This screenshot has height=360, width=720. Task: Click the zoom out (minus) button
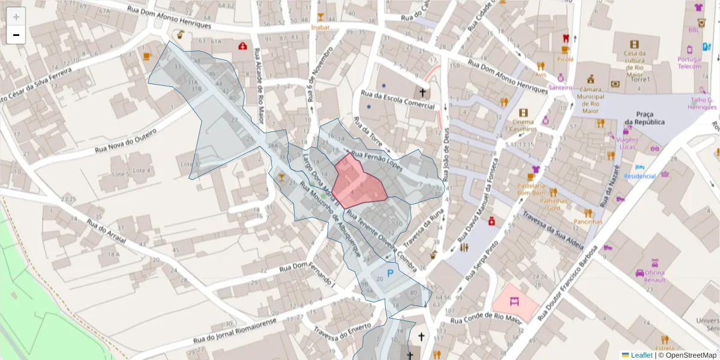(16, 35)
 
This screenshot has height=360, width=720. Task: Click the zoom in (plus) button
(16, 17)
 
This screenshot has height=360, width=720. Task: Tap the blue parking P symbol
(390, 274)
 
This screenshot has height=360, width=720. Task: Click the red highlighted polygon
(359, 182)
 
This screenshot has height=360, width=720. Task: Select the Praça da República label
(644, 118)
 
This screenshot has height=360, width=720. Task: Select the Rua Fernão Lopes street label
(377, 161)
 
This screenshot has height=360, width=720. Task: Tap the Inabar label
(320, 27)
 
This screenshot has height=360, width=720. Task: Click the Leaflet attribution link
(641, 355)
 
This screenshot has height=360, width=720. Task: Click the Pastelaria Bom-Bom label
(530, 190)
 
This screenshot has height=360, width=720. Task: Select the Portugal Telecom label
(689, 62)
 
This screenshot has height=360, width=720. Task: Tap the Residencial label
(640, 176)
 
